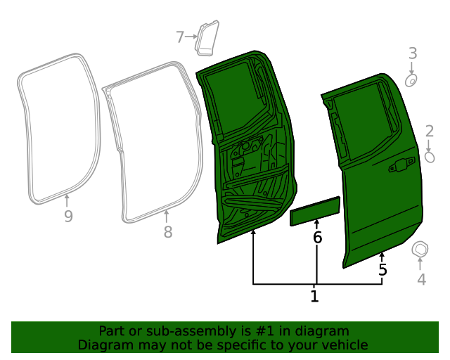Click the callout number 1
314,297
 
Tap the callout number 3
413,53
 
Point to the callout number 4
421,280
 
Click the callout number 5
382,269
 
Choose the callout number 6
317,238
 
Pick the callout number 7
180,36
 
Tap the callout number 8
167,232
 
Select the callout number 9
68,217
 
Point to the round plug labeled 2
430,157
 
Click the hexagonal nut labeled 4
420,249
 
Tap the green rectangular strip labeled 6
316,211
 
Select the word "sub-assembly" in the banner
163,330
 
